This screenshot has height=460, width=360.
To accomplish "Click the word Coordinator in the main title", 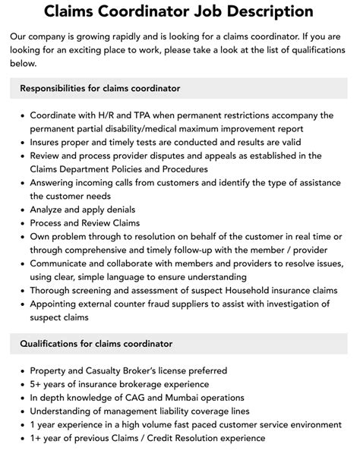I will pyautogui.click(x=152, y=11).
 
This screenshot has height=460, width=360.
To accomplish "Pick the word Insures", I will pyautogui.click(x=49, y=143).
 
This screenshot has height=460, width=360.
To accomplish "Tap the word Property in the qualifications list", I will pyautogui.click(x=51, y=372).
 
